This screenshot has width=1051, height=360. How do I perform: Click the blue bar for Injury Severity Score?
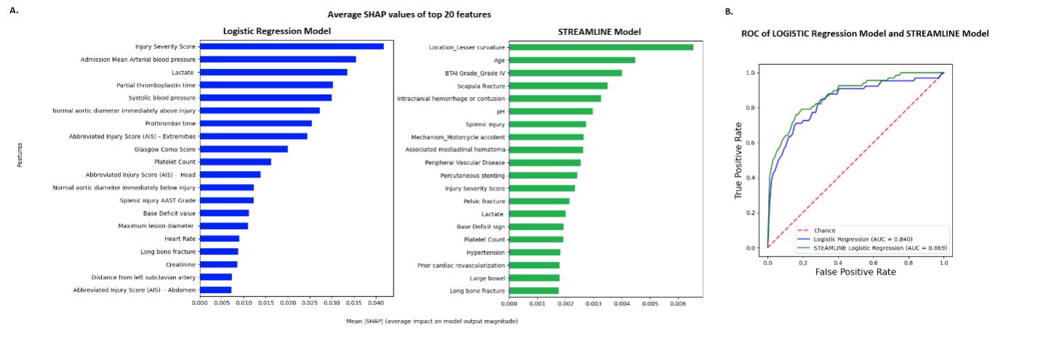(x=291, y=47)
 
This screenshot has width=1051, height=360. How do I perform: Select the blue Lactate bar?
(x=273, y=72)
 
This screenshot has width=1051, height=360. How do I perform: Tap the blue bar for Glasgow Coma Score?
(x=243, y=149)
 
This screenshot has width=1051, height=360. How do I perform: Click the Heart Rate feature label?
(x=180, y=239)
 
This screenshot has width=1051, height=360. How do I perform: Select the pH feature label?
(x=500, y=111)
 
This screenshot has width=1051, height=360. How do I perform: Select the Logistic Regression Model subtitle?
(x=276, y=31)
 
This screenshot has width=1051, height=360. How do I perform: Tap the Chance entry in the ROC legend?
(x=824, y=231)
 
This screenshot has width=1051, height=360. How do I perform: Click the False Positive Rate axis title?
(x=855, y=271)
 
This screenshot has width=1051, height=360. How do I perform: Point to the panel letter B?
(x=729, y=12)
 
